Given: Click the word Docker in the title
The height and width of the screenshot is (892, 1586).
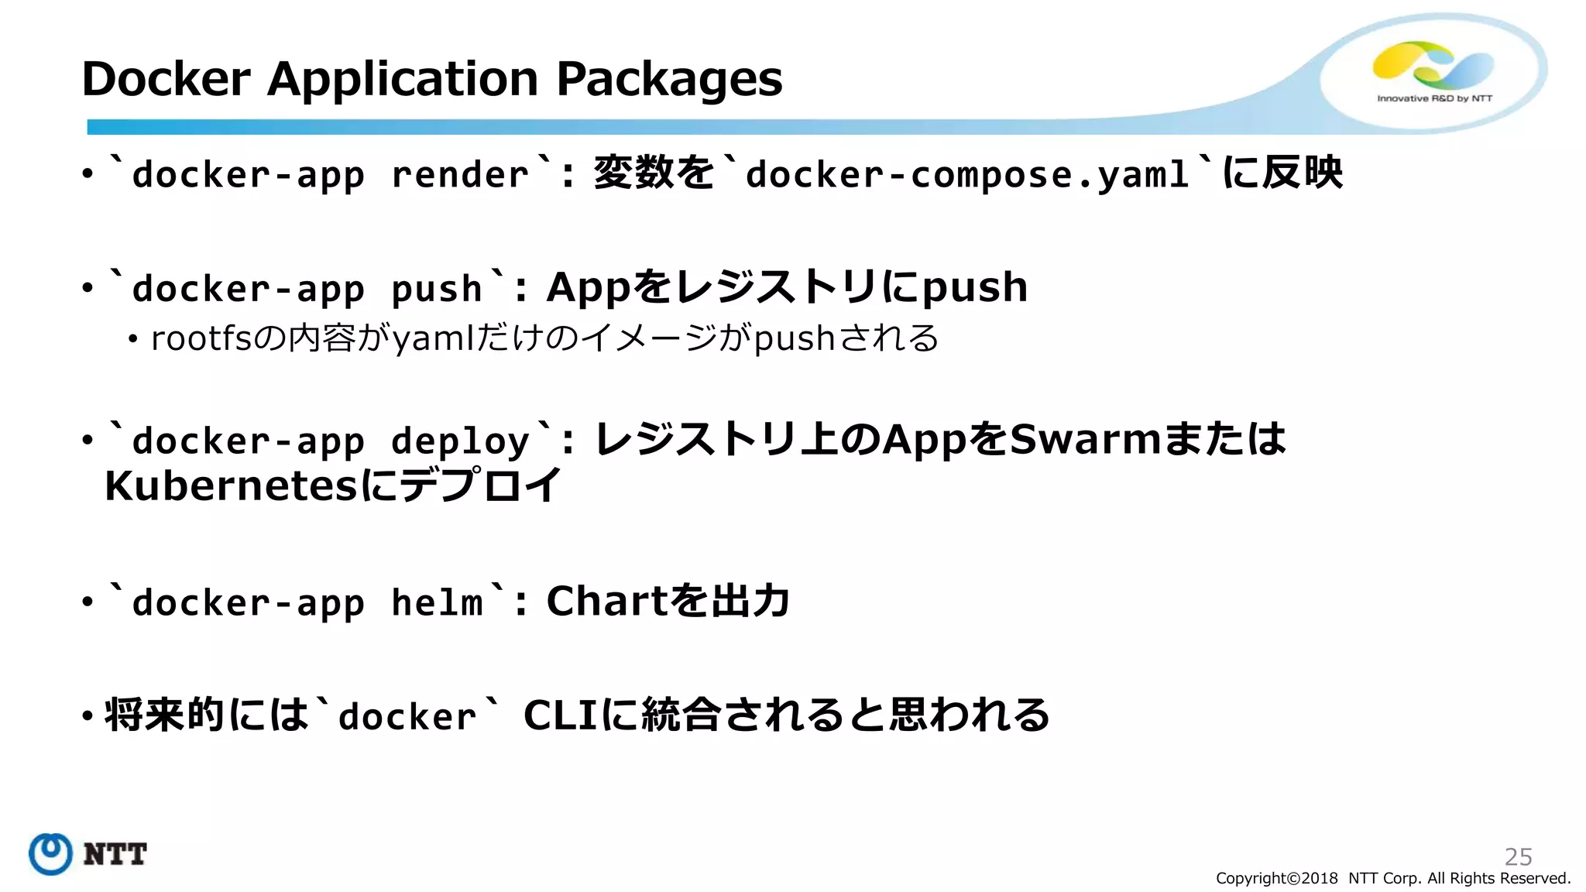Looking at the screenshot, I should coord(166,79).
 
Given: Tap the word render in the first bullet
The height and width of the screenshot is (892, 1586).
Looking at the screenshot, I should coord(460,175).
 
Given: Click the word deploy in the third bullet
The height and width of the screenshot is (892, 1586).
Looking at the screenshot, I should coord(460,442).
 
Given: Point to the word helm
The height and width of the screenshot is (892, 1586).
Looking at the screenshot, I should coord(437,602).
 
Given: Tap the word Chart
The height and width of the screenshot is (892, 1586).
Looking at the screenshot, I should coord(606,601).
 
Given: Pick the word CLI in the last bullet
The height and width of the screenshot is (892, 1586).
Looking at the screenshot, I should coord(561,715).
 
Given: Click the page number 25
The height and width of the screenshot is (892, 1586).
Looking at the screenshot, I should coord(1518,856).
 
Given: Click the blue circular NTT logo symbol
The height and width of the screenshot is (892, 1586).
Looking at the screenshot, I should coord(51,854).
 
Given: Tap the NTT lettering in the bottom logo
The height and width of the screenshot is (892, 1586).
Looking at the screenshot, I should coord(115,855).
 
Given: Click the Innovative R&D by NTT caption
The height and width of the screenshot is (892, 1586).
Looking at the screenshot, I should coord(1434,98).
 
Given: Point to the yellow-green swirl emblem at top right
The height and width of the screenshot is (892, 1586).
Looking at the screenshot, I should coord(1432,63).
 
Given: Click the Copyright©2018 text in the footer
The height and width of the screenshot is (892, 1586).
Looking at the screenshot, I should coord(1276,878).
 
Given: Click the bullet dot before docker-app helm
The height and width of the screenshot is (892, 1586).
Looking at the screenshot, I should coord(88,602).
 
